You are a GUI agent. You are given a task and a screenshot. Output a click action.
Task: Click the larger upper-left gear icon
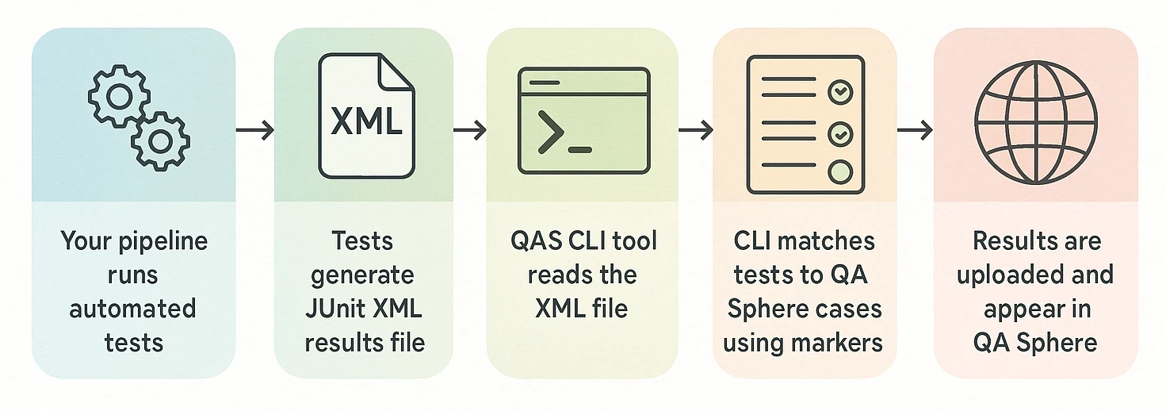point(120,97)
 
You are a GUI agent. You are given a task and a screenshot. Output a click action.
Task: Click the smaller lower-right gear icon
point(160,141)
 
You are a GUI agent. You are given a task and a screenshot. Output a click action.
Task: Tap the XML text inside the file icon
point(365,123)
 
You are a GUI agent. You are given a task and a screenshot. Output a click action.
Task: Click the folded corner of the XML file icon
point(396,69)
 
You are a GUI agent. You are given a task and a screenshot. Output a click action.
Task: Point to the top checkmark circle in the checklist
point(839,93)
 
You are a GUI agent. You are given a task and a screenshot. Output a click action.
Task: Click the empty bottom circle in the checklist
point(839,172)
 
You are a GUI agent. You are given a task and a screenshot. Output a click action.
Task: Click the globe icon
point(1035,121)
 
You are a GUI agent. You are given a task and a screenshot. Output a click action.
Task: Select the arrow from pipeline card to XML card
point(254,129)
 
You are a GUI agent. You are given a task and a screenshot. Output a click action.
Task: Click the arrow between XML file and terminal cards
point(469,129)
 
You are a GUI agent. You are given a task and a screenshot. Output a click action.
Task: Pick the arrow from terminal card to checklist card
point(695,129)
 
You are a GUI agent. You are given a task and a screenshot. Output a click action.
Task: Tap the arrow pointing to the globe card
point(915,129)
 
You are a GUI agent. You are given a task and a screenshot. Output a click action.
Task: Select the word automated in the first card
point(132,308)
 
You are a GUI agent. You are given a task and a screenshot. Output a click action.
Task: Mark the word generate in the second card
point(362,275)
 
